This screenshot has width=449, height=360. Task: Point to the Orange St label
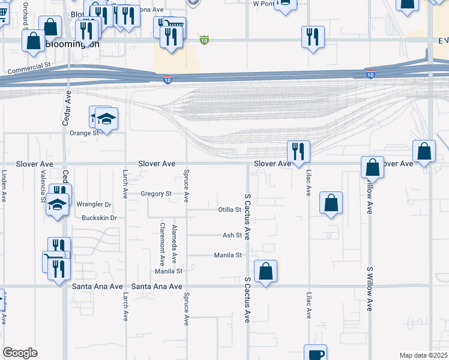83,133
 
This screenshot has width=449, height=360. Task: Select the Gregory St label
156,194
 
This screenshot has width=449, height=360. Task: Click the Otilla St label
229,210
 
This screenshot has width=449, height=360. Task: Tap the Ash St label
232,236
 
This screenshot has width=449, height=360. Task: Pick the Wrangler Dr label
94,205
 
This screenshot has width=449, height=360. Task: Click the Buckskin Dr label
99,218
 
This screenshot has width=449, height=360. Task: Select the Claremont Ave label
162,244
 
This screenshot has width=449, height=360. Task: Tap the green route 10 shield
204,40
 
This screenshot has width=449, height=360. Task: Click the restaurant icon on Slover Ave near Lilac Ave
298,151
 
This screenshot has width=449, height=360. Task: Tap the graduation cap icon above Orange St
106,119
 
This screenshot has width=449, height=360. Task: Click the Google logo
20,353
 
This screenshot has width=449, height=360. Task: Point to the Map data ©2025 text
423,356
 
